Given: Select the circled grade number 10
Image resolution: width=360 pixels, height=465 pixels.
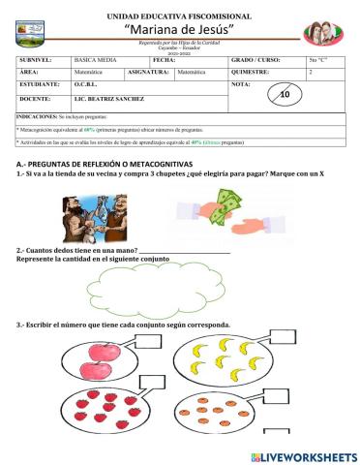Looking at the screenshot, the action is [x=284, y=95].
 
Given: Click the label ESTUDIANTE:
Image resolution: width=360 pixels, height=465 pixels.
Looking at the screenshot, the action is [x=40, y=85].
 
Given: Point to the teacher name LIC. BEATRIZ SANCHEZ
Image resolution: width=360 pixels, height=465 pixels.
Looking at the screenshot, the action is [x=108, y=100].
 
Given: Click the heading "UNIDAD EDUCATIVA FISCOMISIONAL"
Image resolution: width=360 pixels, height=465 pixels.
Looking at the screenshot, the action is [x=180, y=16].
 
